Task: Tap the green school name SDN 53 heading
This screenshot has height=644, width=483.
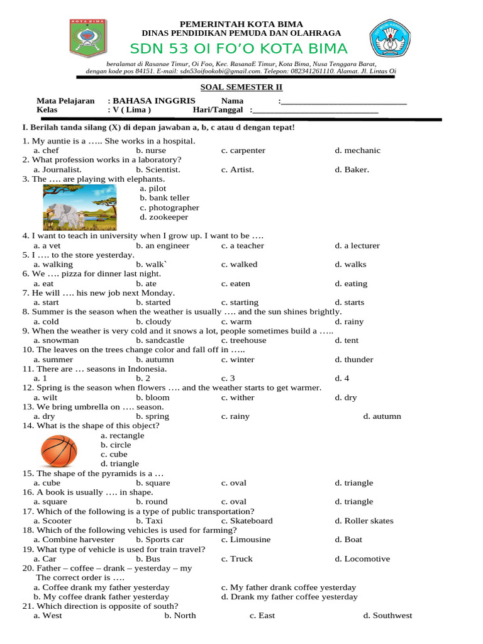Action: coord(238,49)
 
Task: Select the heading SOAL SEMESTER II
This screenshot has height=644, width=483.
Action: coord(241,87)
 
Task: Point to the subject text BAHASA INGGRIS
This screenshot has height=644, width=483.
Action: coord(154,101)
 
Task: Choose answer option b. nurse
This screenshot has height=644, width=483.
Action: coord(151,151)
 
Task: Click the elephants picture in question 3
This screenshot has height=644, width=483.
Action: coord(79,206)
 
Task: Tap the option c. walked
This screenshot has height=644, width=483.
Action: coord(240,265)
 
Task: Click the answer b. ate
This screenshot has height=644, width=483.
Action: coord(147,284)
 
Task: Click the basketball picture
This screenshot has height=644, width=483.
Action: coord(59,450)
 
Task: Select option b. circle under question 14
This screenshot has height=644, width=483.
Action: coord(116,445)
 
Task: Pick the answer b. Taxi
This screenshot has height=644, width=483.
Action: coord(149,521)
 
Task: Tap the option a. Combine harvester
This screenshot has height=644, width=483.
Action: coord(74,540)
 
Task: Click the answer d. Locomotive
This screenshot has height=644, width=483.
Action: coord(362,558)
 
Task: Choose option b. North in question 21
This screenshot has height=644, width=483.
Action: coord(180,616)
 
